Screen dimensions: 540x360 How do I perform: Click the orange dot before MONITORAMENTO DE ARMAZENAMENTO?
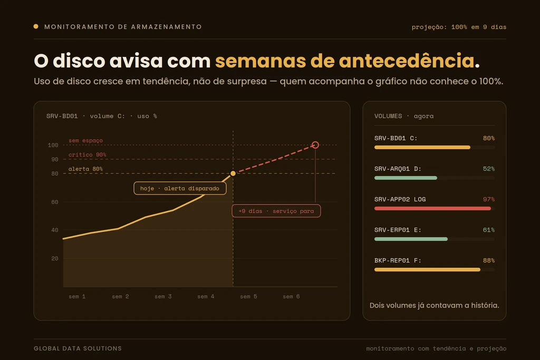tap(36, 26)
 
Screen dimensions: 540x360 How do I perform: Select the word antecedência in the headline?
tap(407, 61)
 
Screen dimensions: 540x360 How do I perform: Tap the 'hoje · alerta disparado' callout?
tap(180, 188)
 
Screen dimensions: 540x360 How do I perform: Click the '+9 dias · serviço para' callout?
tap(276, 211)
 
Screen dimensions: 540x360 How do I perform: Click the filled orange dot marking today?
tap(233, 173)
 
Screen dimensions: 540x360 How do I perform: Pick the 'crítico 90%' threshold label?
tap(87, 155)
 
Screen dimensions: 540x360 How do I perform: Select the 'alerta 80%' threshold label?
tap(85, 169)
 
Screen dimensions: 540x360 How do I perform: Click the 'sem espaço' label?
tap(85, 140)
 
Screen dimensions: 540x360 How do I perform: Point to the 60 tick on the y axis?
tap(55, 202)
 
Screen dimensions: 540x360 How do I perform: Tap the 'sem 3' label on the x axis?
tap(163, 296)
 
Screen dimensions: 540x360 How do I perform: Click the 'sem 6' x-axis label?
tap(291, 296)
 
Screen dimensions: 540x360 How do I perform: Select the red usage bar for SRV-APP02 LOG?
tap(432, 209)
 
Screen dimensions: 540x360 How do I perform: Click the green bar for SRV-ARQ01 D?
tap(406, 178)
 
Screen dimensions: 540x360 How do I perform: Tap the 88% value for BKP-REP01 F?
tap(489, 260)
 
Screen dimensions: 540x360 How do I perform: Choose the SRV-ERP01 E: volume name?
tap(398, 230)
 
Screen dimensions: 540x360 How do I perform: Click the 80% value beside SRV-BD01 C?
tap(489, 138)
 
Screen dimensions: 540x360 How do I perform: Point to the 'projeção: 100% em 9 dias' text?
tap(459, 27)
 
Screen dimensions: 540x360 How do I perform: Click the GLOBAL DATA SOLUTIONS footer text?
tap(78, 348)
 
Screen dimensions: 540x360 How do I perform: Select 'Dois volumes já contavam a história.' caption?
tap(435, 305)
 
